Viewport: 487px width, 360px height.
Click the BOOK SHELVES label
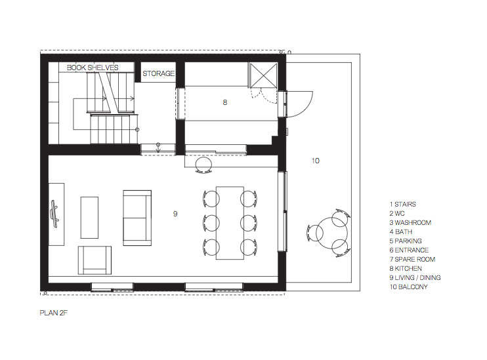[x=93, y=68]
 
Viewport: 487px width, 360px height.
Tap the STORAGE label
[x=158, y=73]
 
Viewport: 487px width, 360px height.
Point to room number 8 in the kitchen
[x=225, y=102]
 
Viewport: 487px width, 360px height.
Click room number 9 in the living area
[x=175, y=214]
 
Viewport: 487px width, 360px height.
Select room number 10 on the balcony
[x=315, y=161]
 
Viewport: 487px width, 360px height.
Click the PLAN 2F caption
[x=53, y=313]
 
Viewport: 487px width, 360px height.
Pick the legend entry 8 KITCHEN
[x=406, y=268]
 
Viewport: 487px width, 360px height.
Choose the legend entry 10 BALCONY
[x=408, y=287]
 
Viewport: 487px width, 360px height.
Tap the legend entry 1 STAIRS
[x=402, y=204]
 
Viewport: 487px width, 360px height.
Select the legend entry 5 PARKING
[x=406, y=241]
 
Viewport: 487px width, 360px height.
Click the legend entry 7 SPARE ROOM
[x=412, y=259]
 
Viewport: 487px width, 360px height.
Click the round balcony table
[x=331, y=233]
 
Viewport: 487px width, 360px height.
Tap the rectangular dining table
[x=230, y=223]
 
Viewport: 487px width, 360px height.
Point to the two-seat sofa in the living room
[x=137, y=218]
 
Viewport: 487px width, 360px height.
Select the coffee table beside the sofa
[x=89, y=218]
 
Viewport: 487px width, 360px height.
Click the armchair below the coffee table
[x=95, y=260]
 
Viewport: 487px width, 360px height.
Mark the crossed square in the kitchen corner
[x=263, y=75]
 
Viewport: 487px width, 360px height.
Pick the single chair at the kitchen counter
[x=203, y=165]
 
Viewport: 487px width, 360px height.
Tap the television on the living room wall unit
[x=55, y=214]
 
